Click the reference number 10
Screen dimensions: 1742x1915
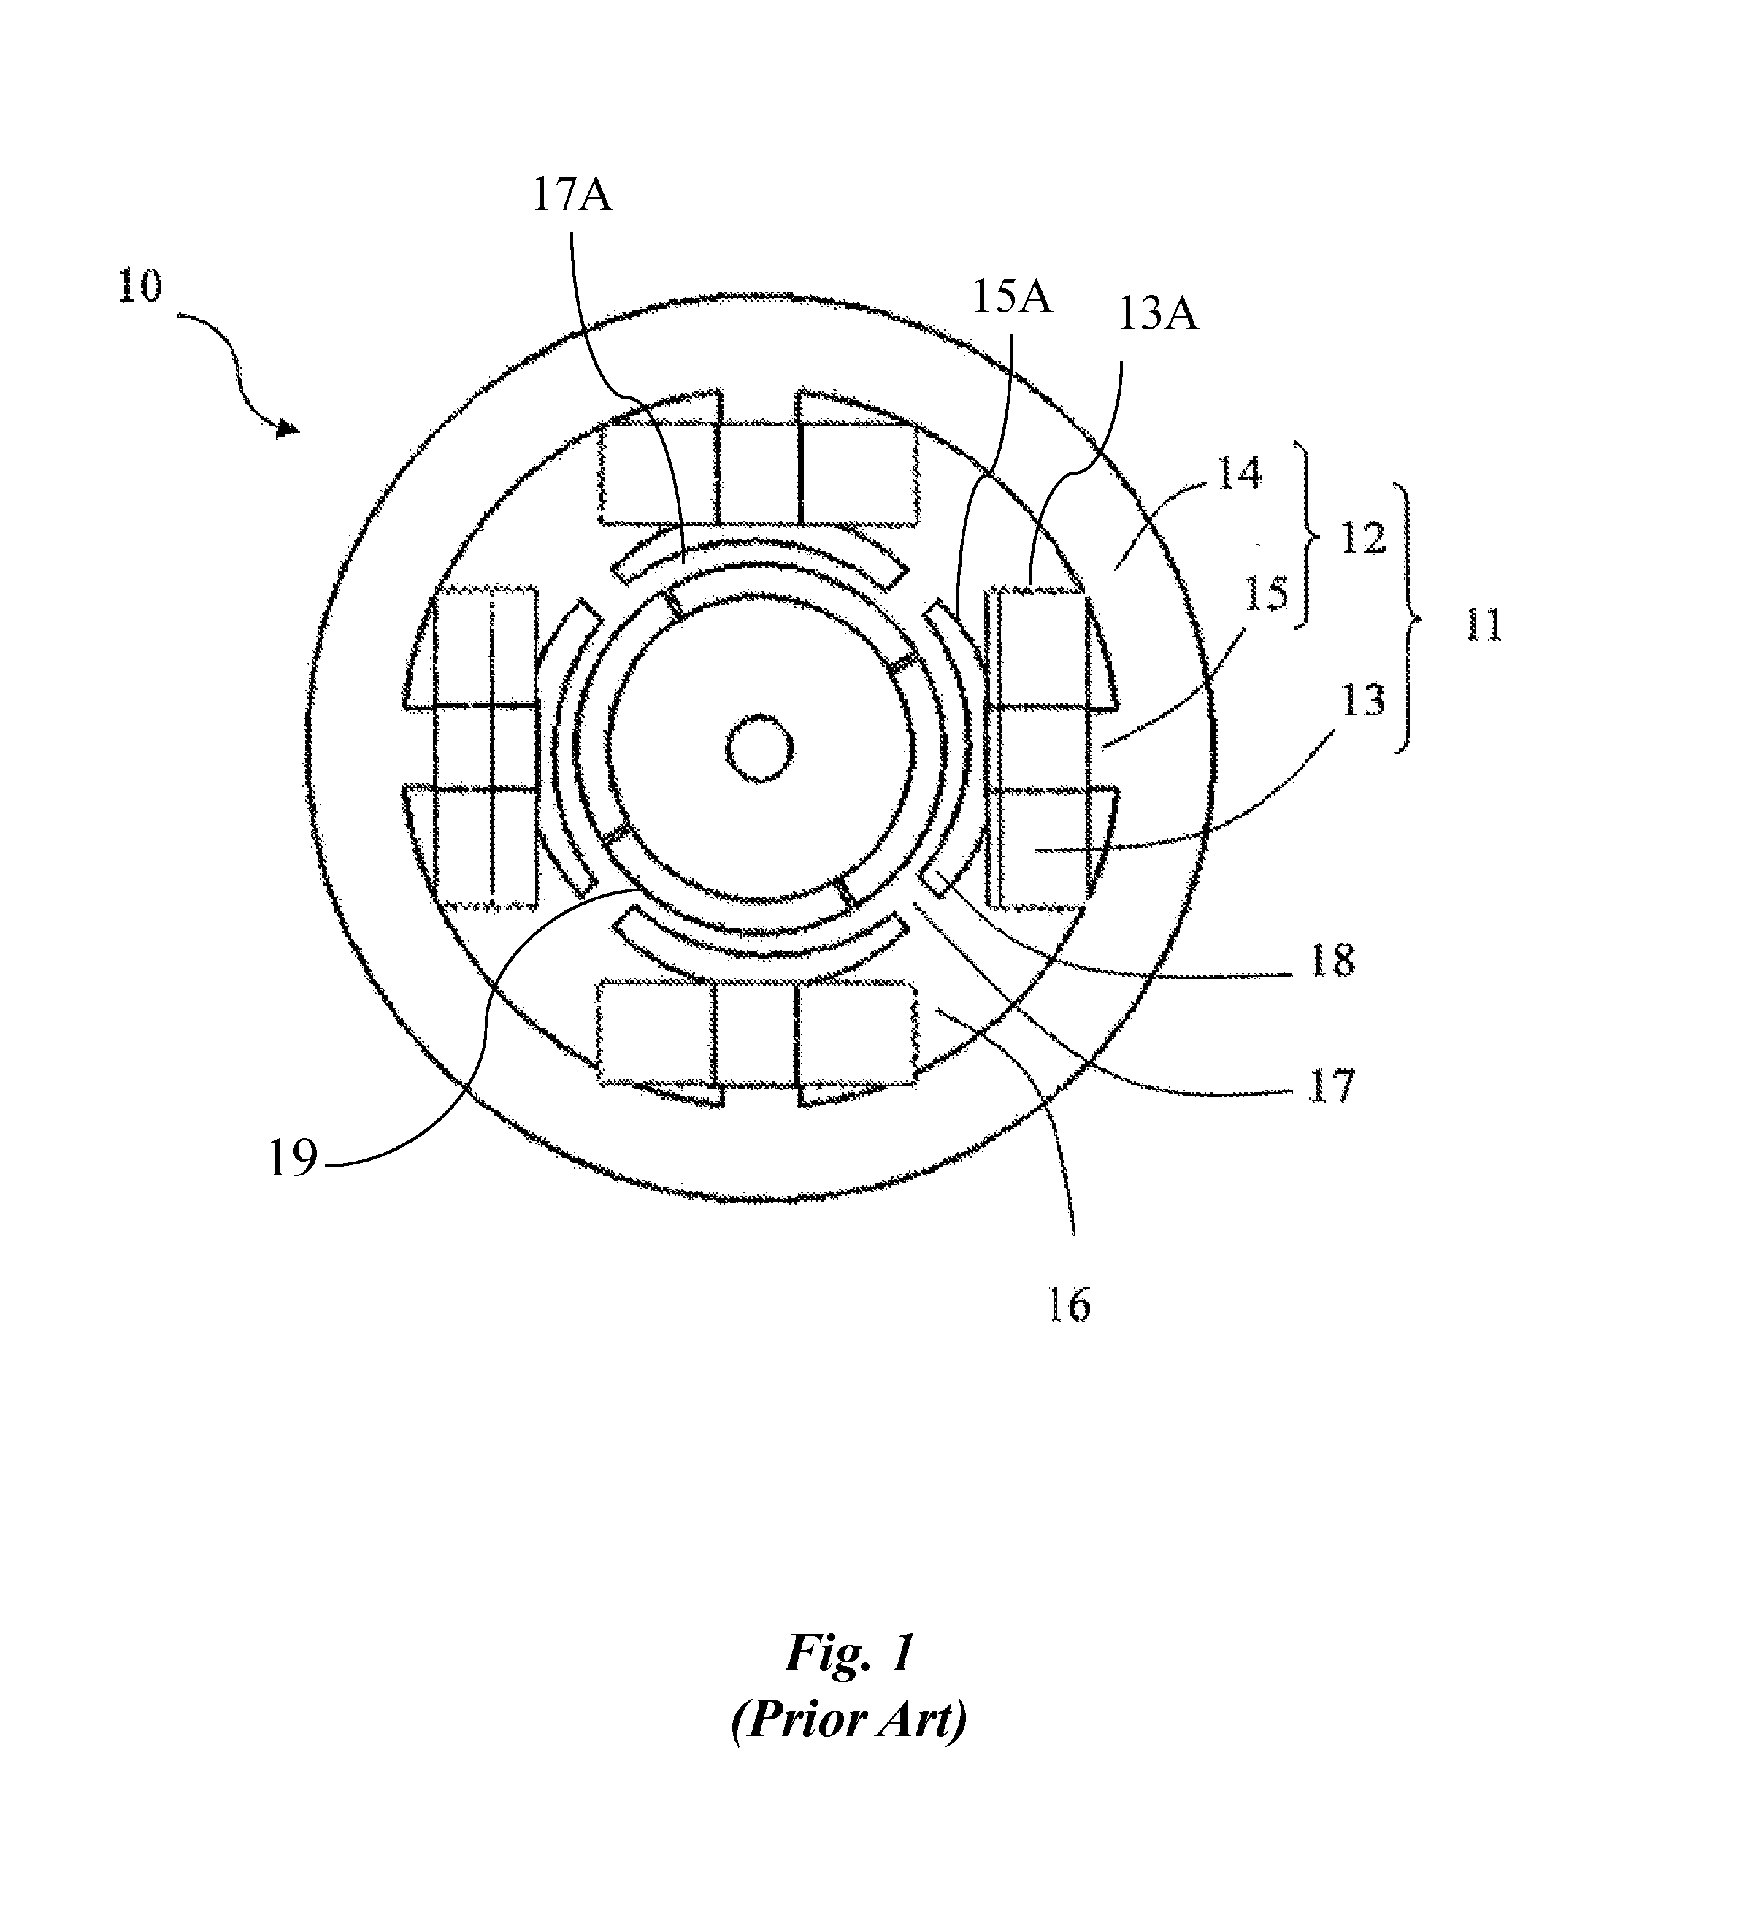(141, 288)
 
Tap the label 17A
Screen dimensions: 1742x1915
(572, 195)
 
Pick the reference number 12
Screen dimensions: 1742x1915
(1363, 540)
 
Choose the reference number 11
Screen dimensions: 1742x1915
(1483, 626)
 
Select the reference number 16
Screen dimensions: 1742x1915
(1070, 1306)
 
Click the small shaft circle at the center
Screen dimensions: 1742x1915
(759, 748)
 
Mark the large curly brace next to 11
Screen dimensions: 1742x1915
(1407, 619)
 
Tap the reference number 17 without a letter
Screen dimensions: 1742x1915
(1332, 1085)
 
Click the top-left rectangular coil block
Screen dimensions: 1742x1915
(659, 473)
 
